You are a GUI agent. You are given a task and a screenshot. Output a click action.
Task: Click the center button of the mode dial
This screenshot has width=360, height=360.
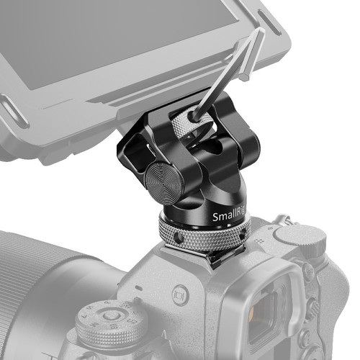click(x=109, y=315)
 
